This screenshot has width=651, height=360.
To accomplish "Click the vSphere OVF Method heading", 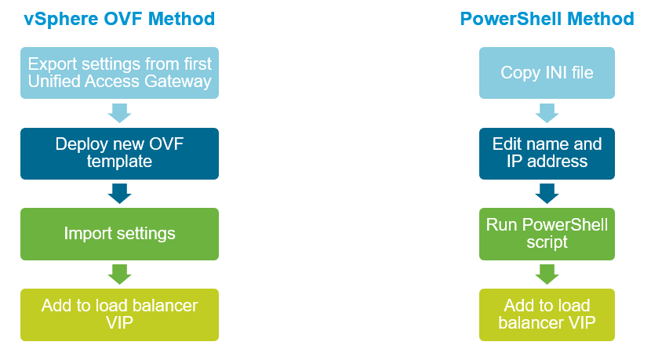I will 119,18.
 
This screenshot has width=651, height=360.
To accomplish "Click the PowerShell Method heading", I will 547,18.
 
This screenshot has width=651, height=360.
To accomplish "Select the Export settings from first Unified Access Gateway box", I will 119,72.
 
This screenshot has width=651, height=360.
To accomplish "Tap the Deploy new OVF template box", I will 119,153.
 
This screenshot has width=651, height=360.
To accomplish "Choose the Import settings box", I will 119,233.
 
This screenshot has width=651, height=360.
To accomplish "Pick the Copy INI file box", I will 547,72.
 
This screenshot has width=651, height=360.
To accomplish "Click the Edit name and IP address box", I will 547,153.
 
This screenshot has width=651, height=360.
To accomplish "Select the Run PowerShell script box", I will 547,233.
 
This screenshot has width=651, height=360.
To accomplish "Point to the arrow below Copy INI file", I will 547,113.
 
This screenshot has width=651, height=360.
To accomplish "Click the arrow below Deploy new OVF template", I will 119,194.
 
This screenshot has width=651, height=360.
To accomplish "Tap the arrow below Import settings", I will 119,274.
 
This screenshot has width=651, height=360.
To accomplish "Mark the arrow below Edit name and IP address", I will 547,194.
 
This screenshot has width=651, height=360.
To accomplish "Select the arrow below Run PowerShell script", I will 547,274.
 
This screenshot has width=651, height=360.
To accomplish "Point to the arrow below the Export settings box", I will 119,113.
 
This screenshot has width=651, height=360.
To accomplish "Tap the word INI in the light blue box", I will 554,73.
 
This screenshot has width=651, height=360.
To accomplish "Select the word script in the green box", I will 547,242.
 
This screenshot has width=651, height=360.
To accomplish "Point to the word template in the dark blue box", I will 119,162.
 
